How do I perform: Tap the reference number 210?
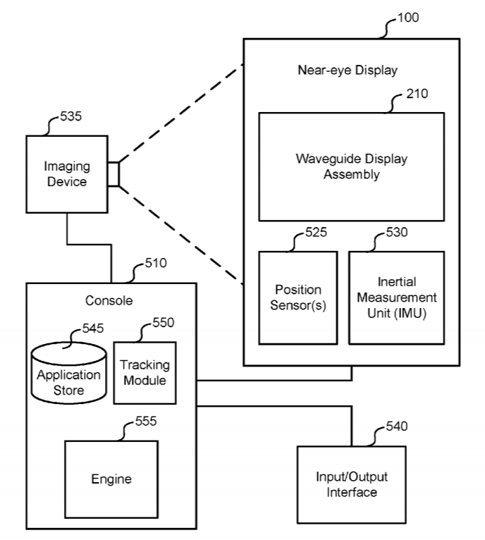[x=417, y=94]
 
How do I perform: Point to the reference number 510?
[x=156, y=264]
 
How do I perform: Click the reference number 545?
[x=92, y=327]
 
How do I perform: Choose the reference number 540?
[x=397, y=427]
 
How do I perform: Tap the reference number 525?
[x=316, y=231]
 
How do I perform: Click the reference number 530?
[x=397, y=231]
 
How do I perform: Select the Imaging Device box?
[x=67, y=174]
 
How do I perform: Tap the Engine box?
[x=111, y=479]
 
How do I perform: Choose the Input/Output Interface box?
[x=351, y=485]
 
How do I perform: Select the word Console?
[x=109, y=300]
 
